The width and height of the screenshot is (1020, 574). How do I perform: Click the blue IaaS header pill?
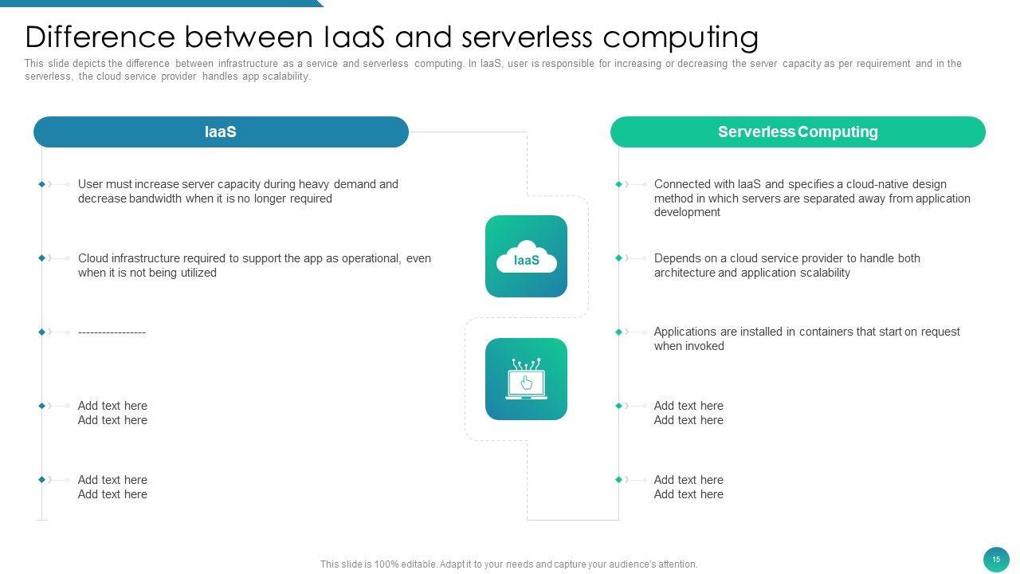point(221,132)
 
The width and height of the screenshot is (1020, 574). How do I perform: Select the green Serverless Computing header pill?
point(798,132)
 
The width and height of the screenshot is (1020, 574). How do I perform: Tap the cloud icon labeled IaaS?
point(527,257)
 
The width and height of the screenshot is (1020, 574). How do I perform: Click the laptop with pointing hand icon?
point(527,379)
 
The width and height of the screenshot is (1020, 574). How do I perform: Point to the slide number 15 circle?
point(996,560)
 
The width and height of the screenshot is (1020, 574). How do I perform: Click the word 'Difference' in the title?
point(100,37)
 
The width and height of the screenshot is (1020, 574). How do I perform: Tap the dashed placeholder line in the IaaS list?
point(112,332)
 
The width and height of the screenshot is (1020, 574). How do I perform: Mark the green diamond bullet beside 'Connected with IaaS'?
point(618,184)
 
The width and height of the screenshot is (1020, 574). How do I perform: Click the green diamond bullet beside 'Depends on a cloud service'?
point(618,258)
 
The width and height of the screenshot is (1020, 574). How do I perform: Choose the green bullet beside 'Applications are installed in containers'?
point(618,332)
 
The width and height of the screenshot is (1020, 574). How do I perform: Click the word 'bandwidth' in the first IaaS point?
point(155,199)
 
